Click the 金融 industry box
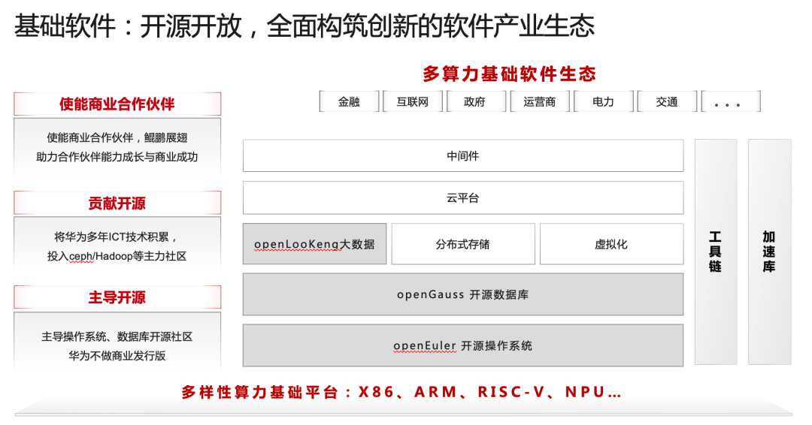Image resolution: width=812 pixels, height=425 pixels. point(349,101)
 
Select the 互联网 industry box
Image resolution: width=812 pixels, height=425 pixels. point(412,101)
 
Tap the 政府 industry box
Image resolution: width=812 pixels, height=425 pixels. point(475,101)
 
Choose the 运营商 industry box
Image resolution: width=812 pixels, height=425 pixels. point(539,101)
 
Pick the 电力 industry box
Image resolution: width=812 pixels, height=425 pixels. point(603,101)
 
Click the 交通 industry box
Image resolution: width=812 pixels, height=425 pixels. point(666,101)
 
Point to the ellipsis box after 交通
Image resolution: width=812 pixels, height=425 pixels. point(730,101)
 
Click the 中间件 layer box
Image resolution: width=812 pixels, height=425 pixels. point(462,156)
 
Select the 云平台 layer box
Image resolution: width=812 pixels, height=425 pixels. point(462,198)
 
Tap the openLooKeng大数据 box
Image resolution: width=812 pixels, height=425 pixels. point(314,244)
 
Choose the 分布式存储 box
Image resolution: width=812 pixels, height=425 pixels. point(462,244)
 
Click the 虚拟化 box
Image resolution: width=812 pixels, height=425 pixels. point(611,244)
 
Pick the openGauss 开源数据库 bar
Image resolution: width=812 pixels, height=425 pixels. point(462,294)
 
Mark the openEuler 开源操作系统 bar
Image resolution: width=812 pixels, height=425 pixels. point(462,345)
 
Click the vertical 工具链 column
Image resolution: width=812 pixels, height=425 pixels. point(715,252)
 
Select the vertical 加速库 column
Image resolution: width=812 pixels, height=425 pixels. point(769,252)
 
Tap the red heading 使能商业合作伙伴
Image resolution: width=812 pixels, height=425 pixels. point(117,104)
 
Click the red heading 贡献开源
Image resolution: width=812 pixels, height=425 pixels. point(117,203)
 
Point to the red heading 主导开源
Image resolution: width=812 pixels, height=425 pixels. point(117,297)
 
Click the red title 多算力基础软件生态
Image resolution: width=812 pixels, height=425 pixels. point(509,74)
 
